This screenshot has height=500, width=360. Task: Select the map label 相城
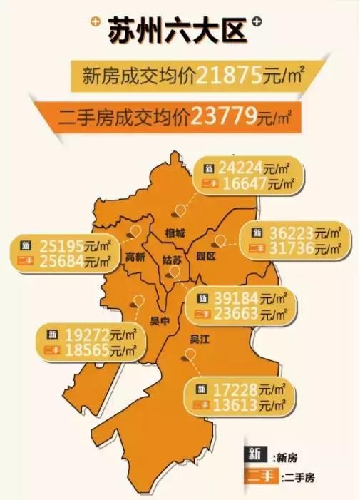(x=175, y=233)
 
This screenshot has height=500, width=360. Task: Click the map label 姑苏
(x=172, y=260)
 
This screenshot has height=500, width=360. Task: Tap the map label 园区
(x=206, y=255)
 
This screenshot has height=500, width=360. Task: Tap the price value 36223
(x=293, y=233)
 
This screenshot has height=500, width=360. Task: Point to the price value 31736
(x=293, y=248)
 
